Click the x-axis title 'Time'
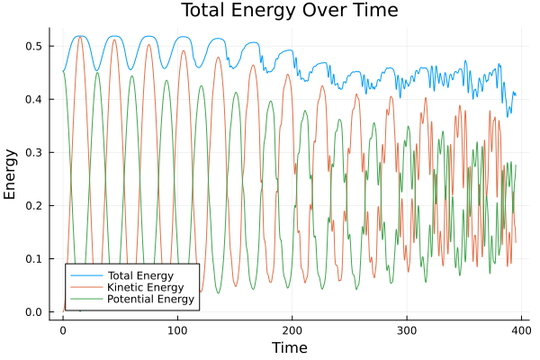pos(289,347)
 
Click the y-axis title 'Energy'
pos(12,179)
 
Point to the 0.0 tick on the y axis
pos(33,312)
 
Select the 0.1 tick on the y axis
pos(33,259)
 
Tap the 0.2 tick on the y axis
pos(33,205)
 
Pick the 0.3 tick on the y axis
pos(33,152)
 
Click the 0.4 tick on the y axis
pos(33,99)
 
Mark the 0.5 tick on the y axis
pos(33,45)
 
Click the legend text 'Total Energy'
pos(139,274)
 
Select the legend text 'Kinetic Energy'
pos(144,286)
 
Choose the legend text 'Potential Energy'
pos(150,299)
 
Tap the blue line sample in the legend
pos(86,274)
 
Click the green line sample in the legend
pos(86,299)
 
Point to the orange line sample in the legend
pos(86,286)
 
